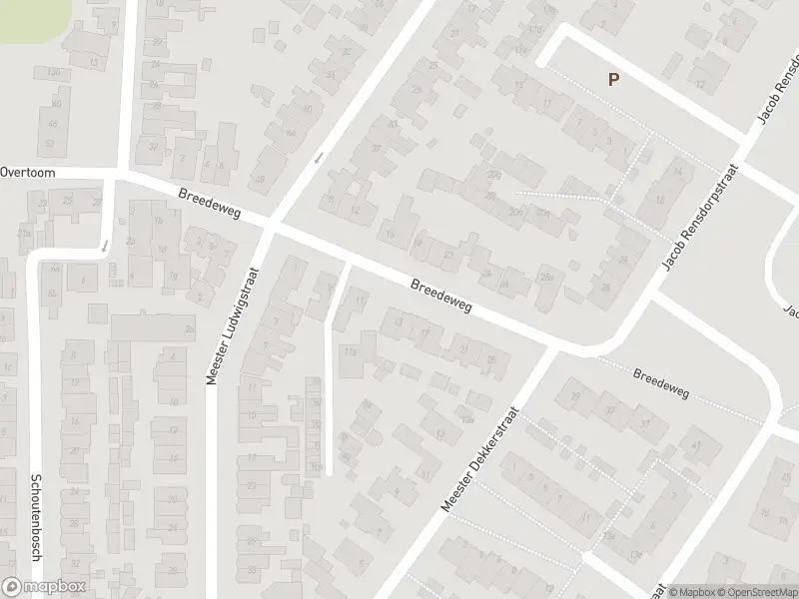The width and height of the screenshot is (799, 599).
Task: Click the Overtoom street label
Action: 28,172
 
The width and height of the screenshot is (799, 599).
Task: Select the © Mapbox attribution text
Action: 690,592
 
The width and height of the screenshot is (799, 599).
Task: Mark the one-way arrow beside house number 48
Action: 318,158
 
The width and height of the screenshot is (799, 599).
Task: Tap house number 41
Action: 696,444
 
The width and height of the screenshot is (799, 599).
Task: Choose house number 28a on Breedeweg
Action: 546,277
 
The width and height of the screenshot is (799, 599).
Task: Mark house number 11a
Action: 350,351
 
